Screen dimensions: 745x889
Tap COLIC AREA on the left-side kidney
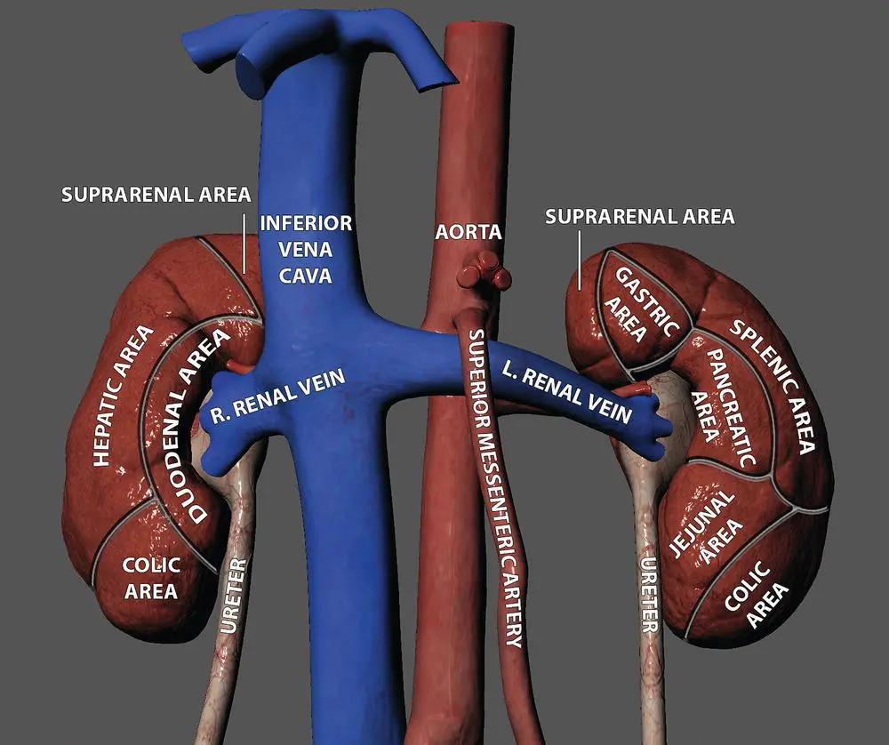(x=151, y=577)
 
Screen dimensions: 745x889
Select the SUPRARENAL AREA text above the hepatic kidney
(x=156, y=194)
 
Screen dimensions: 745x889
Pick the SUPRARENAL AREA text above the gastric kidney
(x=640, y=216)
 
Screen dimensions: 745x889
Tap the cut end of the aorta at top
(x=478, y=28)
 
